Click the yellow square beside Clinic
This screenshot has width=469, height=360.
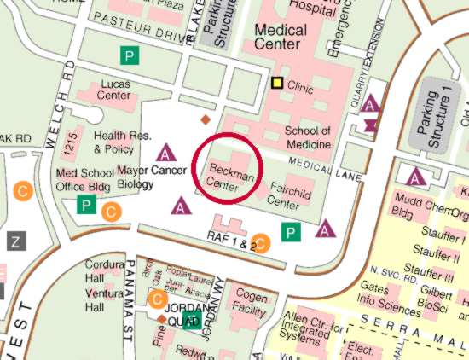coord(277,84)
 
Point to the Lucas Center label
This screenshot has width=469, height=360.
coord(115,90)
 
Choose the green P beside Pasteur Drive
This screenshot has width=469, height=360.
coord(129,56)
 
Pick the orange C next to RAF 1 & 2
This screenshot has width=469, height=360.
coord(263,243)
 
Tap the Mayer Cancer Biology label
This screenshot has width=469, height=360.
coord(152,177)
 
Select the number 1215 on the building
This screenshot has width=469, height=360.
coord(71,142)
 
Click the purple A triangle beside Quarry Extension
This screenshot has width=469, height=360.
coord(370,105)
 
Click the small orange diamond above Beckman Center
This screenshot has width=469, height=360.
coord(205,120)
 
